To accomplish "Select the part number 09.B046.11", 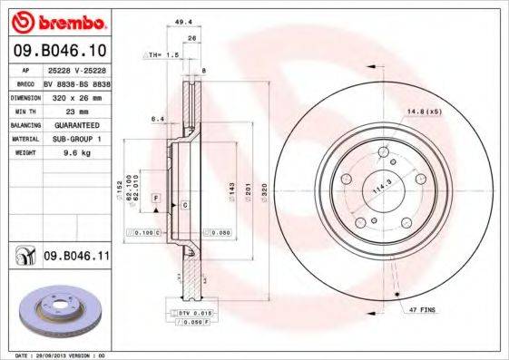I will tap(77, 258).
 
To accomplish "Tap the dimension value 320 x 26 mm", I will tap(75, 95).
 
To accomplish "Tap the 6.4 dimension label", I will tap(156, 118).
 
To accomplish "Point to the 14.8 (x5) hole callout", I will tap(424, 112).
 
